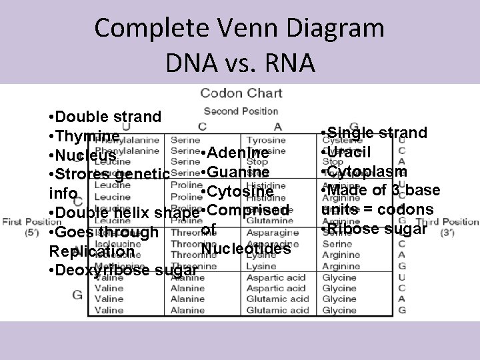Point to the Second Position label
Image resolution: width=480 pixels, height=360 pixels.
(x=241, y=111)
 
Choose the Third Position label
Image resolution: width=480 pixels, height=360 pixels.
(x=457, y=221)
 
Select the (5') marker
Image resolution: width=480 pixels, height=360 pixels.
(x=31, y=233)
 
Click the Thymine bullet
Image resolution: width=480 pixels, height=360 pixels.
(x=85, y=136)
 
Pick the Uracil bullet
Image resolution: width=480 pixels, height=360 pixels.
(x=348, y=152)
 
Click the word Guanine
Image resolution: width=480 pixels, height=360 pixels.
(x=237, y=173)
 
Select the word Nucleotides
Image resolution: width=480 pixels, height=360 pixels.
(x=246, y=249)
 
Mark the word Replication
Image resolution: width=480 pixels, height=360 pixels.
(x=91, y=253)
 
